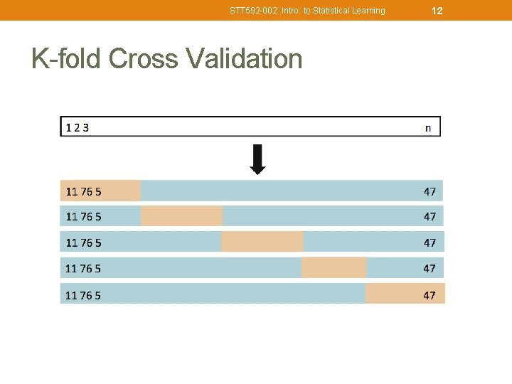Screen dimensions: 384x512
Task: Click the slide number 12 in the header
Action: pyautogui.click(x=437, y=11)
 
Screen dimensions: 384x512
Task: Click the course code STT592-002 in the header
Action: pyautogui.click(x=250, y=11)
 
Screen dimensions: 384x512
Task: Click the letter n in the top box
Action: pyautogui.click(x=427, y=128)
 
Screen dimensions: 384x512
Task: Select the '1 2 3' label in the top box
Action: pyautogui.click(x=78, y=128)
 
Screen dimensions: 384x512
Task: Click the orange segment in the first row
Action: pyautogui.click(x=100, y=191)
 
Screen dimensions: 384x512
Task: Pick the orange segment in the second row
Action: pyautogui.click(x=182, y=216)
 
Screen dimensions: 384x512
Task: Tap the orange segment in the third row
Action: pyautogui.click(x=262, y=242)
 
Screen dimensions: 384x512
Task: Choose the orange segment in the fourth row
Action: pyautogui.click(x=334, y=268)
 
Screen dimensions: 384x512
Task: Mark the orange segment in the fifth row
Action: pyautogui.click(x=405, y=294)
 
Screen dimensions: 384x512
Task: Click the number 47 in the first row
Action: pyautogui.click(x=430, y=191)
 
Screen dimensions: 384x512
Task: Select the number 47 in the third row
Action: pyautogui.click(x=430, y=243)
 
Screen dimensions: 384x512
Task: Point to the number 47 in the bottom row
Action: pyautogui.click(x=430, y=295)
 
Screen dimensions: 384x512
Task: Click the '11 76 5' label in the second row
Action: pyautogui.click(x=83, y=217)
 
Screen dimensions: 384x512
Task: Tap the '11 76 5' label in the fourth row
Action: pyautogui.click(x=83, y=269)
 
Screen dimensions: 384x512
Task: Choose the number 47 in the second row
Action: pyautogui.click(x=430, y=217)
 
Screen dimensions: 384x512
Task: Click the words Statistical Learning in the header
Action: pyautogui.click(x=350, y=11)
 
